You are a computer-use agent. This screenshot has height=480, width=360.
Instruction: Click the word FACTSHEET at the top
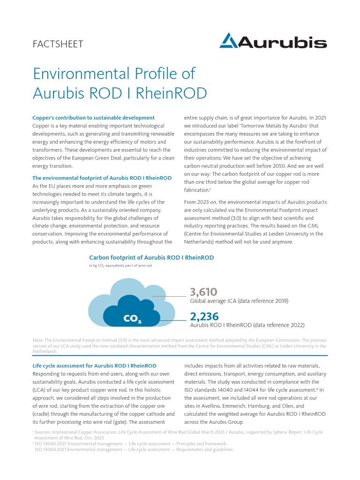pyautogui.click(x=58, y=44)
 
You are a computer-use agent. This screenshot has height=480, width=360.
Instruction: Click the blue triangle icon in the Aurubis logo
pyautogui.click(x=229, y=41)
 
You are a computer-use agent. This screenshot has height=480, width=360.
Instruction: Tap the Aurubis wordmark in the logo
pyautogui.click(x=283, y=43)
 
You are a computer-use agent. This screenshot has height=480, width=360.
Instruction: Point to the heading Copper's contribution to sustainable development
pyautogui.click(x=93, y=118)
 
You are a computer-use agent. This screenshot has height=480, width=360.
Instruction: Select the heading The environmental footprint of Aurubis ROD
pyautogui.click(x=102, y=178)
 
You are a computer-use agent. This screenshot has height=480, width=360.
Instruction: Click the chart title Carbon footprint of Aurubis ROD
pyautogui.click(x=151, y=257)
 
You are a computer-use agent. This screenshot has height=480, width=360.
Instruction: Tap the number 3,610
pyautogui.click(x=203, y=292)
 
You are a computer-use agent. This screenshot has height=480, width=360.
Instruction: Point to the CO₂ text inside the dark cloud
pyautogui.click(x=132, y=319)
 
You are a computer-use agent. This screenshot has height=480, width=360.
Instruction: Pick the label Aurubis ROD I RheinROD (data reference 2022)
pyautogui.click(x=247, y=325)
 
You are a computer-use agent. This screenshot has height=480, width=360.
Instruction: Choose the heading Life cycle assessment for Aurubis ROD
pyautogui.click(x=94, y=365)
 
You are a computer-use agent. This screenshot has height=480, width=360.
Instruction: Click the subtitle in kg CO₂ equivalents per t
pyautogui.click(x=120, y=265)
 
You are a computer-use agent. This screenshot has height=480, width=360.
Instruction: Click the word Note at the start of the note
pyautogui.click(x=37, y=340)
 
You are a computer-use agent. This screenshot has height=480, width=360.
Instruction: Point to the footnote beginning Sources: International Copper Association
pyautogui.click(x=178, y=431)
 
